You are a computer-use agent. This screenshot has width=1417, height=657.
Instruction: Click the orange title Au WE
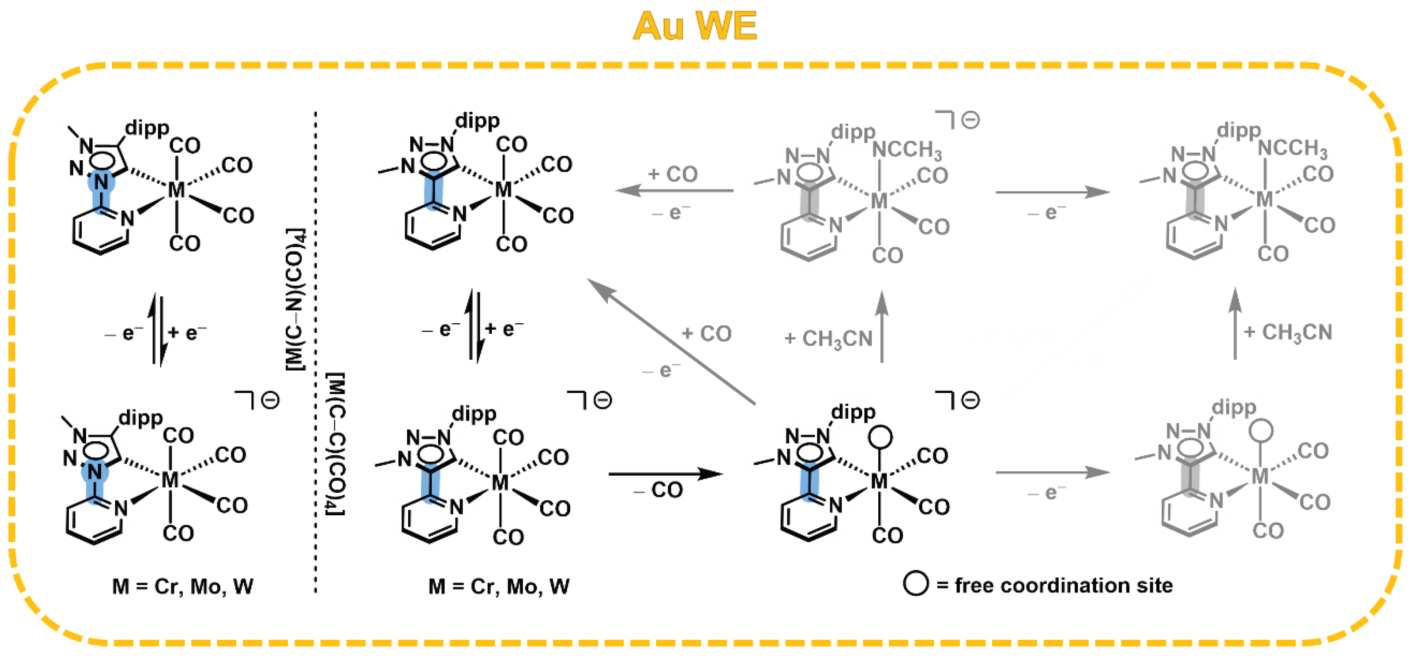[695, 26]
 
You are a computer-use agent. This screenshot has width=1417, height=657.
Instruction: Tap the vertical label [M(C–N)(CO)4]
[296, 300]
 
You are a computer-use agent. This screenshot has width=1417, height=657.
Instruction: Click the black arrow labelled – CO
[666, 473]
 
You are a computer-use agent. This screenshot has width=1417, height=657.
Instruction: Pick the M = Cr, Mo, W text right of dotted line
[499, 587]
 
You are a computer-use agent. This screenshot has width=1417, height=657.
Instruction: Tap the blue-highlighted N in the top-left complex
[101, 182]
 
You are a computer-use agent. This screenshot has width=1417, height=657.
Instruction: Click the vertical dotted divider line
[316, 352]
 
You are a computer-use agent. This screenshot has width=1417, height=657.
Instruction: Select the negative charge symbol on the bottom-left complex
[270, 400]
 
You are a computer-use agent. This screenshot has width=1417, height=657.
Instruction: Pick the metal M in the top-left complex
[176, 190]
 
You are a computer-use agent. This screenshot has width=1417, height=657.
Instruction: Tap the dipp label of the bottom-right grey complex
[1234, 408]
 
